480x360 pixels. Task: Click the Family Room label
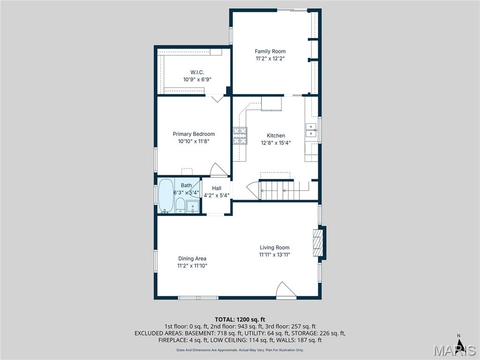click(x=270, y=52)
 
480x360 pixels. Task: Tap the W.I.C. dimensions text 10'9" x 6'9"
click(x=197, y=80)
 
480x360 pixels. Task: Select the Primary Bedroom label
click(x=194, y=134)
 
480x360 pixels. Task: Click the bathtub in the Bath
click(x=166, y=195)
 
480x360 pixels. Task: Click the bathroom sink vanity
click(x=193, y=207)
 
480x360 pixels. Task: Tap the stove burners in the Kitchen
click(x=240, y=135)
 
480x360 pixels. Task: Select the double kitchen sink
click(x=311, y=130)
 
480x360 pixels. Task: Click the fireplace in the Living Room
click(x=318, y=242)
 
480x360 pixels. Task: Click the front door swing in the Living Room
click(x=286, y=290)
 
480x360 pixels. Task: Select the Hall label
click(x=217, y=188)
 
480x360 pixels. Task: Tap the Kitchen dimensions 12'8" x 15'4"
click(x=276, y=142)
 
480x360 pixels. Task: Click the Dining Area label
click(x=192, y=259)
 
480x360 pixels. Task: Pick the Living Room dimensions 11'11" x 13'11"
click(x=275, y=255)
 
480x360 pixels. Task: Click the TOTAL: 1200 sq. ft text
click(x=240, y=320)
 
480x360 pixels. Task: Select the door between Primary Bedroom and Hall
click(x=219, y=170)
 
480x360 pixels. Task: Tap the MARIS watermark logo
click(x=455, y=350)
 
